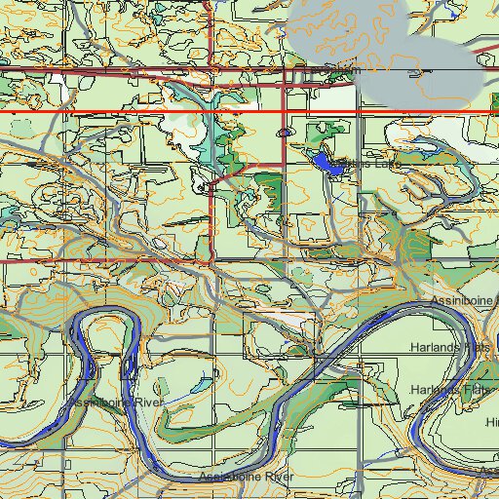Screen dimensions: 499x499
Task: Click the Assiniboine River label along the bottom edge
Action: pos(245,477)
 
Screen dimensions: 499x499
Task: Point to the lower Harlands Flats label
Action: pos(450,389)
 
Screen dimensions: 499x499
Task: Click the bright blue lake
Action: pos(329,164)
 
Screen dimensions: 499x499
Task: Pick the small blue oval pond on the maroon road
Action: pos(285,132)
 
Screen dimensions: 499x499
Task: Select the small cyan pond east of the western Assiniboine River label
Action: pos(194,387)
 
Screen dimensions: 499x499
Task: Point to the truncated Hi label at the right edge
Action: pos(492,422)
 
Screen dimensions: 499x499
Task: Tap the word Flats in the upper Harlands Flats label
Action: pos(478,347)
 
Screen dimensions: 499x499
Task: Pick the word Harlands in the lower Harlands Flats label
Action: pos(436,389)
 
